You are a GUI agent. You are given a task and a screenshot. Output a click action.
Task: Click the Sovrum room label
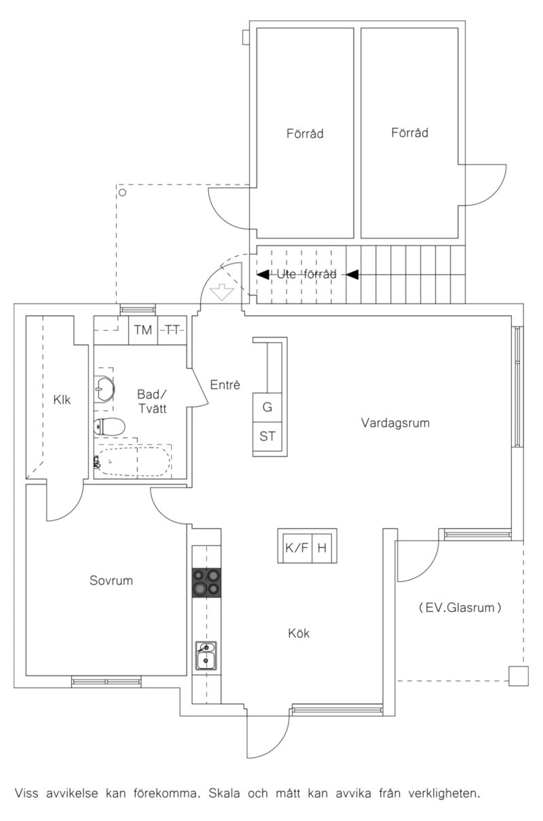pos(111,581)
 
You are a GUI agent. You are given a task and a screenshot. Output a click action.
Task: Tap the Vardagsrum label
pos(395,423)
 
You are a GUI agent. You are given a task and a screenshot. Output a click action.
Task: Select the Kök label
pos(299,633)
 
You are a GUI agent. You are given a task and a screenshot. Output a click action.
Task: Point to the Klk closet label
pos(62,400)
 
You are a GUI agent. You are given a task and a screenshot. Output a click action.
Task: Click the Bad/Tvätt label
pos(152,401)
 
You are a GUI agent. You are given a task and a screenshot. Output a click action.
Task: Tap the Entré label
pos(225,385)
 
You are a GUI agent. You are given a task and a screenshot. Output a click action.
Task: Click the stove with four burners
pos(207,582)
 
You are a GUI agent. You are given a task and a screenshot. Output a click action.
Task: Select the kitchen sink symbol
pos(206,655)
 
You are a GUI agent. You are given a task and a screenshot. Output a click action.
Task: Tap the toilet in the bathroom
pos(109,426)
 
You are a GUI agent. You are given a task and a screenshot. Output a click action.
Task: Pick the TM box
pos(143,330)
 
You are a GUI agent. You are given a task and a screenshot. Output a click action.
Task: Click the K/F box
pos(296,548)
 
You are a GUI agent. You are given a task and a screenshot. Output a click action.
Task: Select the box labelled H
pos(322,548)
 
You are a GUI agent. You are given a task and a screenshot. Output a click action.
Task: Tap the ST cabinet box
pos(267,436)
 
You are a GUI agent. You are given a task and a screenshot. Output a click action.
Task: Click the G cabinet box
pos(267,407)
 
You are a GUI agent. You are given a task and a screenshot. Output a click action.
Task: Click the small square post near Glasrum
pos(518,677)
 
